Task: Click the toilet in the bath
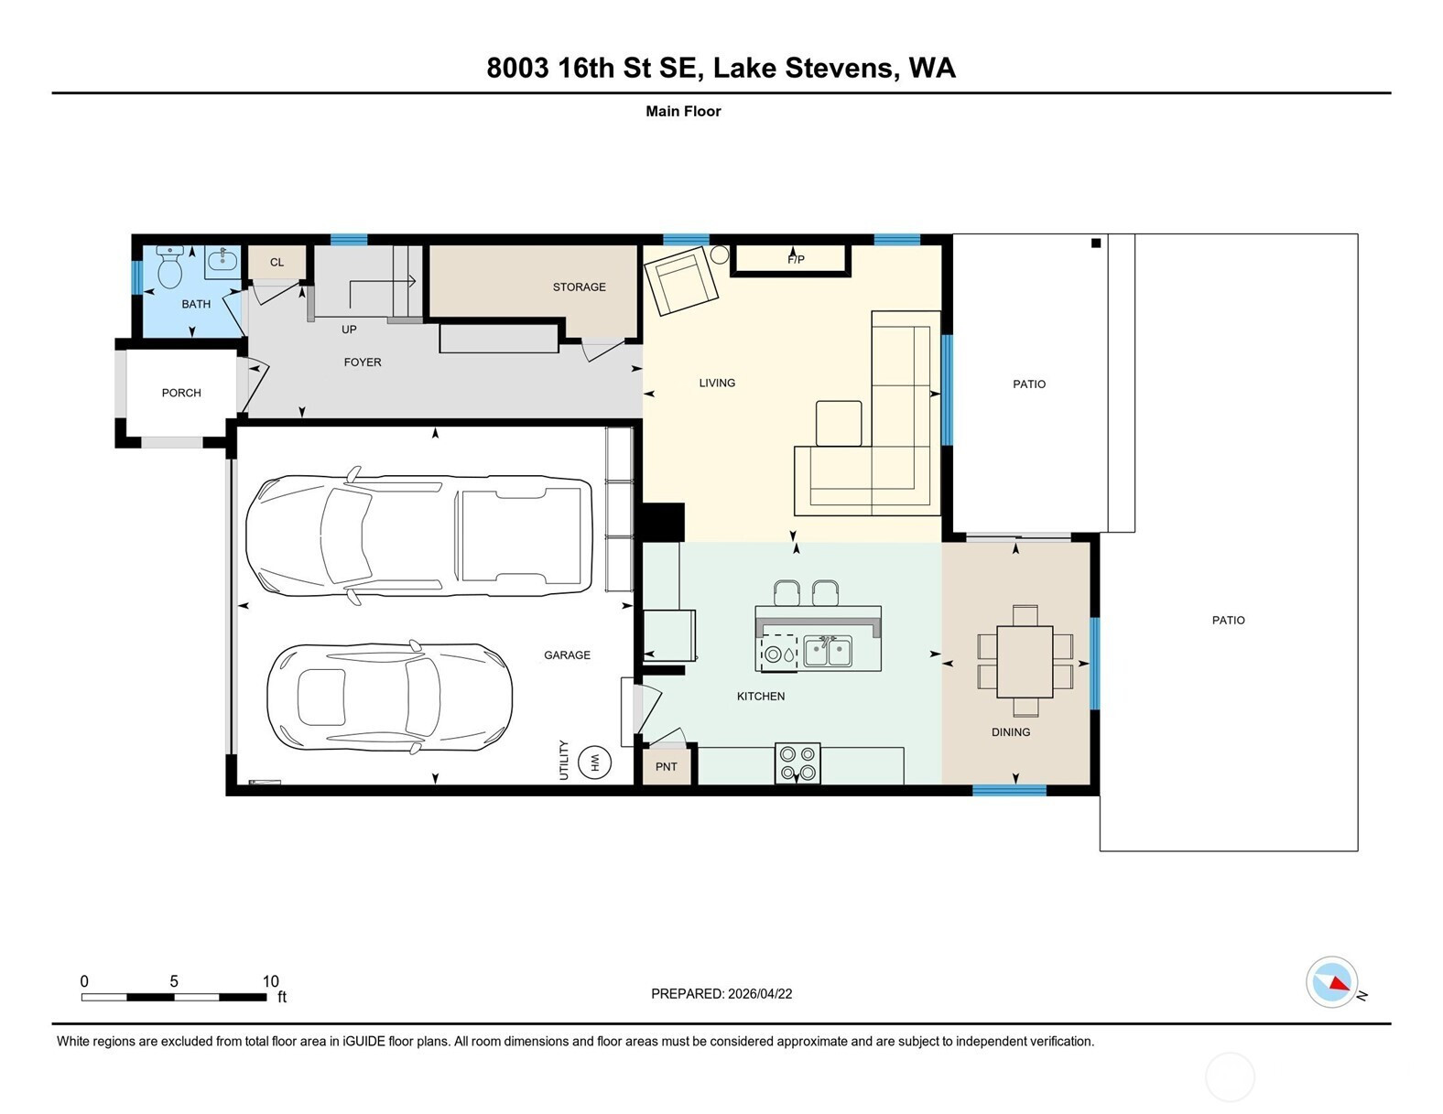[170, 267]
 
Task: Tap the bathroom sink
[222, 260]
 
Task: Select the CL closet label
[277, 262]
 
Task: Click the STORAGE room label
[579, 287]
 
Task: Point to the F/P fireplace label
[796, 260]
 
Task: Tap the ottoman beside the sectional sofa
[839, 423]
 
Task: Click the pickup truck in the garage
[418, 535]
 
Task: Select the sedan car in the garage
[390, 698]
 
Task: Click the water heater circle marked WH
[594, 762]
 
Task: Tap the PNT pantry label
[666, 767]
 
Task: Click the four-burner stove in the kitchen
[797, 763]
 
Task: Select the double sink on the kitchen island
[828, 651]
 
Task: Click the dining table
[1025, 661]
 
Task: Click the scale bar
[174, 997]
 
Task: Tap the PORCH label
[181, 393]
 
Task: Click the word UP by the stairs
[349, 330]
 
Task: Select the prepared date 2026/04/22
[760, 994]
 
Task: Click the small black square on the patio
[1096, 243]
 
